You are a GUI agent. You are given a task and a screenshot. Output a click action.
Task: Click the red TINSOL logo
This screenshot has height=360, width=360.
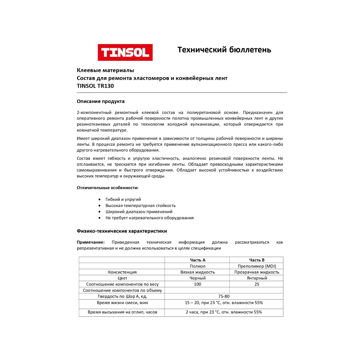point(125,52)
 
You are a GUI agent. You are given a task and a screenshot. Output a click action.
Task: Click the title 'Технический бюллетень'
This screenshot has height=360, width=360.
point(224,50)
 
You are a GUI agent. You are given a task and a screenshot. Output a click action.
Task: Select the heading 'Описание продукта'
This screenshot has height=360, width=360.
point(100,101)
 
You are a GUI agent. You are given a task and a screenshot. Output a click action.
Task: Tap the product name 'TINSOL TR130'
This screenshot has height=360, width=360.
point(95,86)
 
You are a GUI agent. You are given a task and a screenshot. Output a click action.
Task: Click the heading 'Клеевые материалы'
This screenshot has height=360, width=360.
point(105,70)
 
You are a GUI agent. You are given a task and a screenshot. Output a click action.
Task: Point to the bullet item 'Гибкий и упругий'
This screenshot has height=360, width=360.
point(123,199)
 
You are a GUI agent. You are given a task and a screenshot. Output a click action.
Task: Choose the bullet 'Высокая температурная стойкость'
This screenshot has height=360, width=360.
point(140,205)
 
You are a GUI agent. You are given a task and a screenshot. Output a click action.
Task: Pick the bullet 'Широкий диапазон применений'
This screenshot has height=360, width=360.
point(139,212)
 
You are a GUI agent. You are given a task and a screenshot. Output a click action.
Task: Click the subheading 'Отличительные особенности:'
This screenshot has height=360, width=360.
point(107,188)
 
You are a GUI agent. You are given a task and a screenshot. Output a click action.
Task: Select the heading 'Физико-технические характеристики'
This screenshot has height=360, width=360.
point(122,231)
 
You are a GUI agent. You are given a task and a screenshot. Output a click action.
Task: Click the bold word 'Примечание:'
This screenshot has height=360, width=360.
point(91,242)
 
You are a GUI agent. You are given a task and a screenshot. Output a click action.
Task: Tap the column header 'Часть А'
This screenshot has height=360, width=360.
point(197,260)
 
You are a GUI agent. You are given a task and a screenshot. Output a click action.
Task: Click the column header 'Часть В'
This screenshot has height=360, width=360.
point(257,260)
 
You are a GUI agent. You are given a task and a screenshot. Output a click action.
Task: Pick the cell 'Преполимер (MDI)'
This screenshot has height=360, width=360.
point(257,266)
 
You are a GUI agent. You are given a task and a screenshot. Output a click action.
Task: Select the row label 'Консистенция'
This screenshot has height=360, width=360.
point(122,272)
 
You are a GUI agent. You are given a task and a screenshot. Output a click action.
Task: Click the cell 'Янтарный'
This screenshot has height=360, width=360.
point(257,278)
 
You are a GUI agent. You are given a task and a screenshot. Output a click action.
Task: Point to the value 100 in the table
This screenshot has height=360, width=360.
point(197,284)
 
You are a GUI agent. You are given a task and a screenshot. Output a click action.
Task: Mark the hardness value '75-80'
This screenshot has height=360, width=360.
point(224,296)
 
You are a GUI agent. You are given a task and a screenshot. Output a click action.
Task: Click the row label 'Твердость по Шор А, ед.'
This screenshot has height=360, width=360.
point(122,296)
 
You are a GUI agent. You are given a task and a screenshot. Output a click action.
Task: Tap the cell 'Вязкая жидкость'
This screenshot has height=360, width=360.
point(197,272)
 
